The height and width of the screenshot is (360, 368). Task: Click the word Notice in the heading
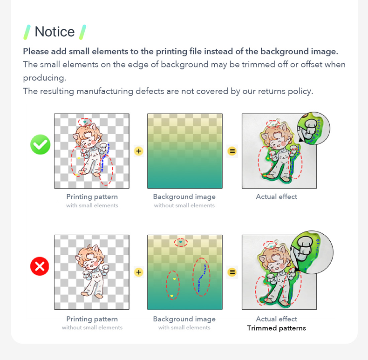pyautogui.click(x=55, y=32)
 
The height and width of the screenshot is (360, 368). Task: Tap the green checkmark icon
pyautogui.click(x=41, y=144)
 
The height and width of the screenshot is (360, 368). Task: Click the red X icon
pyautogui.click(x=40, y=266)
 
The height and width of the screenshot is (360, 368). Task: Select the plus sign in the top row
pyautogui.click(x=139, y=151)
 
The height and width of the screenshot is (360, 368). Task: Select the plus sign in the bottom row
pyautogui.click(x=139, y=272)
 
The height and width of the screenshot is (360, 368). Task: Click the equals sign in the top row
pyautogui.click(x=232, y=151)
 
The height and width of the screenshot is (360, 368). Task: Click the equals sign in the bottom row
pyautogui.click(x=232, y=272)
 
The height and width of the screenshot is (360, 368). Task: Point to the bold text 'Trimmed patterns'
pyautogui.click(x=277, y=328)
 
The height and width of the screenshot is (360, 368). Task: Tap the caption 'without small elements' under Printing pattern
pyautogui.click(x=92, y=327)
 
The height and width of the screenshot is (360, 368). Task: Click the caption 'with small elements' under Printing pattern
pyautogui.click(x=92, y=205)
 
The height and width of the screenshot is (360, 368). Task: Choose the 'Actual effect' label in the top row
pyautogui.click(x=277, y=197)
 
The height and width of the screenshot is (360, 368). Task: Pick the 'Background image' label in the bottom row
pyautogui.click(x=184, y=319)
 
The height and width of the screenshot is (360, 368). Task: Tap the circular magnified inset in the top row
pyautogui.click(x=314, y=129)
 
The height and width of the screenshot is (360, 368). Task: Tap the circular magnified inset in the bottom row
pyautogui.click(x=312, y=252)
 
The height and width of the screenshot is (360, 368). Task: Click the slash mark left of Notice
pyautogui.click(x=27, y=32)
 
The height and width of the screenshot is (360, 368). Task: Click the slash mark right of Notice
pyautogui.click(x=82, y=32)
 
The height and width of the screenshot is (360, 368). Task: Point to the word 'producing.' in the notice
pyautogui.click(x=45, y=78)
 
